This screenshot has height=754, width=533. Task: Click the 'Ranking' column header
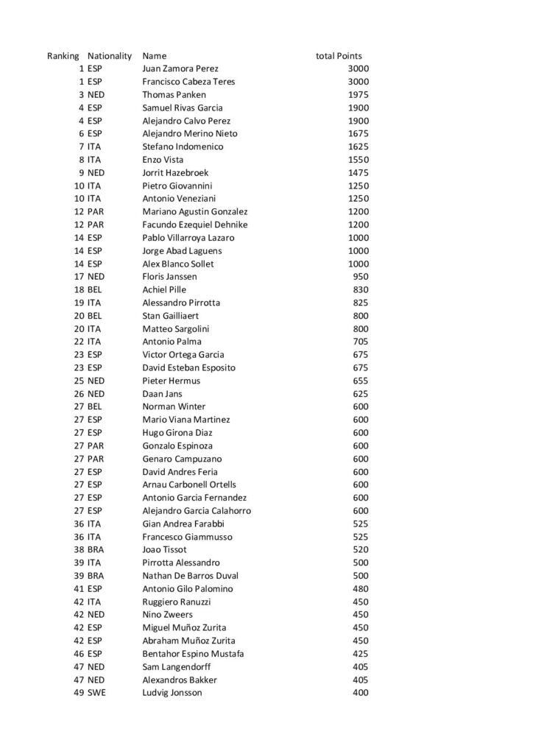tap(63, 56)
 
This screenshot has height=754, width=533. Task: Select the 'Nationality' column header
tap(109, 56)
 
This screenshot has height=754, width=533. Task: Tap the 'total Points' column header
tap(339, 56)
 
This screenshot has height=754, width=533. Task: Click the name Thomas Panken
tap(174, 95)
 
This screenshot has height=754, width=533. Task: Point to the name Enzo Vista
tap(163, 160)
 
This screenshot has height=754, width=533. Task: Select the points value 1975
tap(358, 95)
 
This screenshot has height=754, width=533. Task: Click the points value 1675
tap(358, 134)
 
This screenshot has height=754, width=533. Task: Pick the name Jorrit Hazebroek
tap(178, 173)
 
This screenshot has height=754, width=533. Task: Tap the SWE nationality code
tap(96, 693)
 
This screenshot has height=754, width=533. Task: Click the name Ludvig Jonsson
tap(172, 693)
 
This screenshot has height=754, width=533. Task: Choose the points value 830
tap(361, 290)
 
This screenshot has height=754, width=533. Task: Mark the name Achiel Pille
tap(164, 290)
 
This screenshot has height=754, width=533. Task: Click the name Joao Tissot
tap(164, 550)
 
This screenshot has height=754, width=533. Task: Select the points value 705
tap(361, 342)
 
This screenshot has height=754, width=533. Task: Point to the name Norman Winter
tap(174, 406)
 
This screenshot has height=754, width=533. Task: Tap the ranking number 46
tap(79, 654)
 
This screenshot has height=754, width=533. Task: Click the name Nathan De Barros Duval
tap(190, 576)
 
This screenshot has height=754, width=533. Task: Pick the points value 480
tap(361, 589)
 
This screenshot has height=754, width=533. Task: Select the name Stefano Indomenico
tap(183, 147)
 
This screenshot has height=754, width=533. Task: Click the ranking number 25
tap(79, 381)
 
